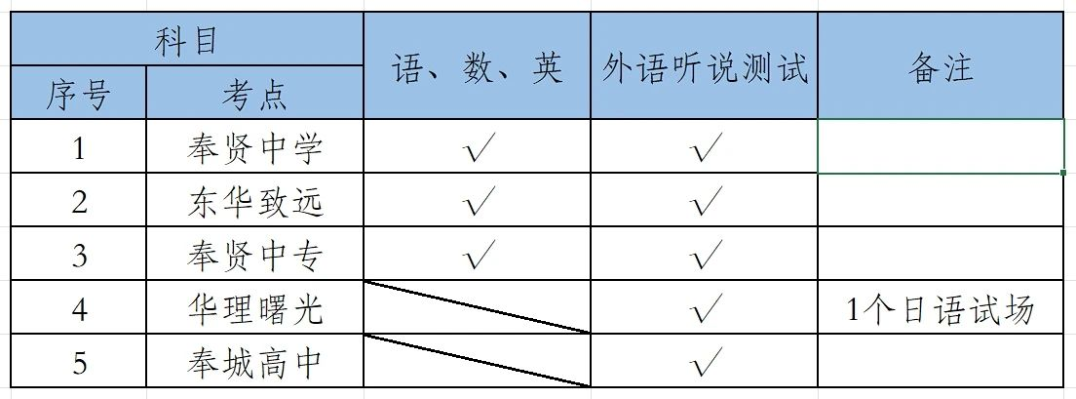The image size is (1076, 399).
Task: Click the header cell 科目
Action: [x=186, y=41]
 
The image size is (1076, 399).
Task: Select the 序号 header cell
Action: [x=79, y=95]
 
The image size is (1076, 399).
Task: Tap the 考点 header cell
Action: [x=253, y=95]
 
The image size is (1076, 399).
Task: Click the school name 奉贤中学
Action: [x=254, y=148]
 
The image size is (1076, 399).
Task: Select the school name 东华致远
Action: [x=254, y=202]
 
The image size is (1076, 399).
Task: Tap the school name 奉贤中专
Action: [x=254, y=256]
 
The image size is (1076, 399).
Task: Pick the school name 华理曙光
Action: [x=254, y=309]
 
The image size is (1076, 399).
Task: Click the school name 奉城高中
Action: [x=254, y=363]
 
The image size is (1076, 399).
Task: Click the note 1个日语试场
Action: [x=941, y=309]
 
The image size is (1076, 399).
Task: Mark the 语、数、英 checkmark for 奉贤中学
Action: [x=478, y=148]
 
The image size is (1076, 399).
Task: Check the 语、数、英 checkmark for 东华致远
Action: [x=478, y=202]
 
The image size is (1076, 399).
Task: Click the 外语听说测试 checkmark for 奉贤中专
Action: [x=704, y=256]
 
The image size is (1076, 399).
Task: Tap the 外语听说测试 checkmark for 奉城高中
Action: [x=704, y=363]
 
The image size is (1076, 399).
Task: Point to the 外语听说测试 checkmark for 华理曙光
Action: [x=704, y=309]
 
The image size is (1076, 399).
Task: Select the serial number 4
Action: [x=79, y=309]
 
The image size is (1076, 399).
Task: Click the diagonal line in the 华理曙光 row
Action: [x=477, y=307]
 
